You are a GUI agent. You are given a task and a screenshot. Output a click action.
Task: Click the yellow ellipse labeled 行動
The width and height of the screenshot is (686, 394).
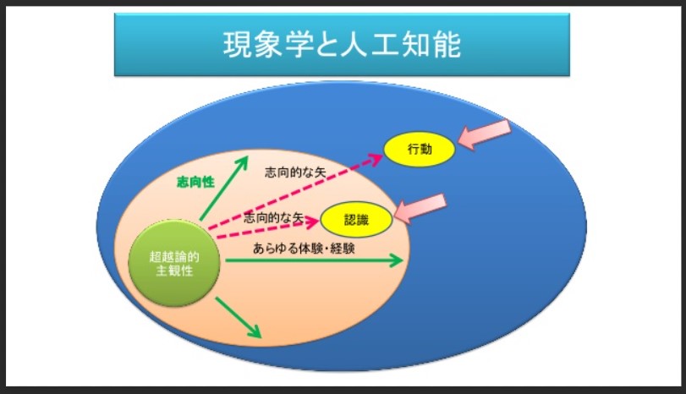click(x=420, y=149)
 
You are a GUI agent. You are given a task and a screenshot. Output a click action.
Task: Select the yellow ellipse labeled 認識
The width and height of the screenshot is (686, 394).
click(x=357, y=220)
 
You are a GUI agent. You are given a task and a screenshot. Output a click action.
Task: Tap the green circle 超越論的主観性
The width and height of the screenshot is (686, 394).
click(x=174, y=263)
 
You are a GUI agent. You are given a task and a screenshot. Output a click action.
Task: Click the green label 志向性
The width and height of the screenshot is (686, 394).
click(x=195, y=182)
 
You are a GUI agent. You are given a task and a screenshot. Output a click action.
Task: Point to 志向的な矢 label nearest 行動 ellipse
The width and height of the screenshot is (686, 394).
click(x=295, y=172)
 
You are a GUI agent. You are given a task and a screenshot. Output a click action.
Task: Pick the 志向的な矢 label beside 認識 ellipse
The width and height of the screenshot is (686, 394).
click(x=273, y=217)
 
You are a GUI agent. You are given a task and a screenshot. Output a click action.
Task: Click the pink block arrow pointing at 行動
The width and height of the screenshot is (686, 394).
click(x=485, y=134)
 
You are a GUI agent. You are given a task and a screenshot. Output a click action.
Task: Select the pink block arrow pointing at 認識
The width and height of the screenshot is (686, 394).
click(x=420, y=208)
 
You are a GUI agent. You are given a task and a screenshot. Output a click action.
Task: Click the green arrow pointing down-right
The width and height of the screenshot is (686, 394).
click(x=239, y=318)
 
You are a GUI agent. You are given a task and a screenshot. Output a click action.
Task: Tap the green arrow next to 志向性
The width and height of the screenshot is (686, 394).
click(x=224, y=188)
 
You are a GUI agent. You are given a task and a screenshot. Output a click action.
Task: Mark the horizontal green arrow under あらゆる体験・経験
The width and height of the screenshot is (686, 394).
click(x=314, y=260)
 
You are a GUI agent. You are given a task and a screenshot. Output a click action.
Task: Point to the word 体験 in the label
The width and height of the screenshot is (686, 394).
click(x=311, y=249)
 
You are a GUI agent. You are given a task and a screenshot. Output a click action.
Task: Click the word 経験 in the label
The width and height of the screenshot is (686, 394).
click(x=343, y=249)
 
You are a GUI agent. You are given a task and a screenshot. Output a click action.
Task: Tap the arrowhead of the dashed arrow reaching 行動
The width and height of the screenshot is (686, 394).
click(x=376, y=159)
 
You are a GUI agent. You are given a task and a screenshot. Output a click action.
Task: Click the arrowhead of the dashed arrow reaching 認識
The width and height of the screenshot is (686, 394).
click(x=311, y=222)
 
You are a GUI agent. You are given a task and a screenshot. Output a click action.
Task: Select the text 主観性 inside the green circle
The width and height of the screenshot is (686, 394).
click(x=174, y=271)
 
